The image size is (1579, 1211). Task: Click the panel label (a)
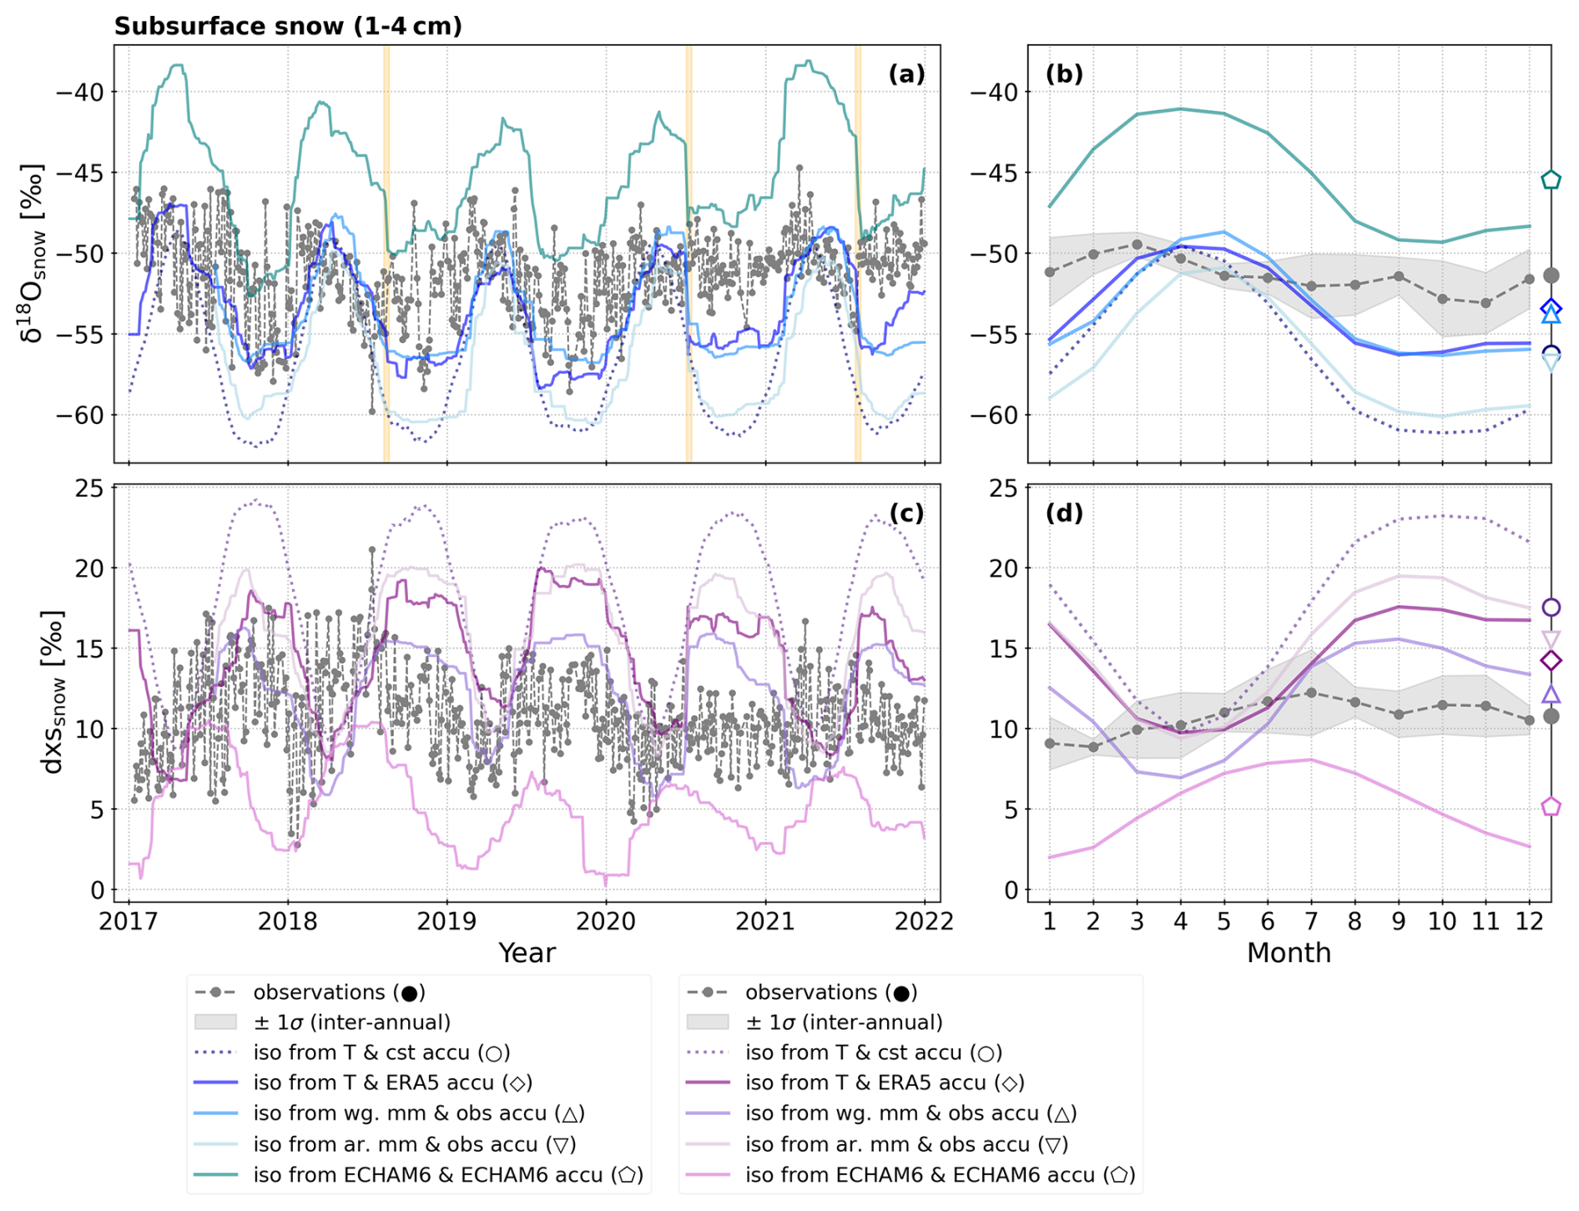[x=906, y=74]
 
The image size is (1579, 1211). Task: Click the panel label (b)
[x=1064, y=74]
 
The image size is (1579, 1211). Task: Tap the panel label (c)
[x=906, y=512]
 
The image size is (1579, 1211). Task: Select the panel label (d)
[x=1064, y=512]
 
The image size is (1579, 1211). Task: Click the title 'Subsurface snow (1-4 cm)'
[x=288, y=27]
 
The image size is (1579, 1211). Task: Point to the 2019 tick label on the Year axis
[x=447, y=921]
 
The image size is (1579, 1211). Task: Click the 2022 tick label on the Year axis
[x=924, y=921]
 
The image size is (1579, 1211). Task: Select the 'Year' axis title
[x=527, y=952]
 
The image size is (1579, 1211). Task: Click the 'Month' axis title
[x=1289, y=952]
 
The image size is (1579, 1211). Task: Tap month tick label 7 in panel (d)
[x=1311, y=921]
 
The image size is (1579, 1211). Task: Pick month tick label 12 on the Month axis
[x=1529, y=921]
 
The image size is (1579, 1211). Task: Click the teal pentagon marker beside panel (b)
[x=1551, y=179]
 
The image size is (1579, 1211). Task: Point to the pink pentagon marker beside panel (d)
[x=1551, y=806]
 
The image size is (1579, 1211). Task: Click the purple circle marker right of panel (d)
[x=1551, y=607]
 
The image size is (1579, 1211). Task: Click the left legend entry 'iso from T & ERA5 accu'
[x=392, y=1083]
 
